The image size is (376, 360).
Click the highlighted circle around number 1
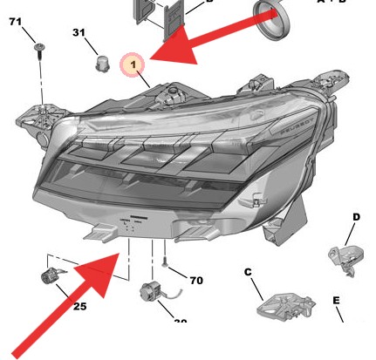133,65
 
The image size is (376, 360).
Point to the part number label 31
79,33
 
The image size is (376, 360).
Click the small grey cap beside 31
100,63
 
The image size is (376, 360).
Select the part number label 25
79,306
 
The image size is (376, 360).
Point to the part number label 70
196,281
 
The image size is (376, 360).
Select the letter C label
247,273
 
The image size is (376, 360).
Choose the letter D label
356,216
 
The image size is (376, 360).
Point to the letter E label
335,301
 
